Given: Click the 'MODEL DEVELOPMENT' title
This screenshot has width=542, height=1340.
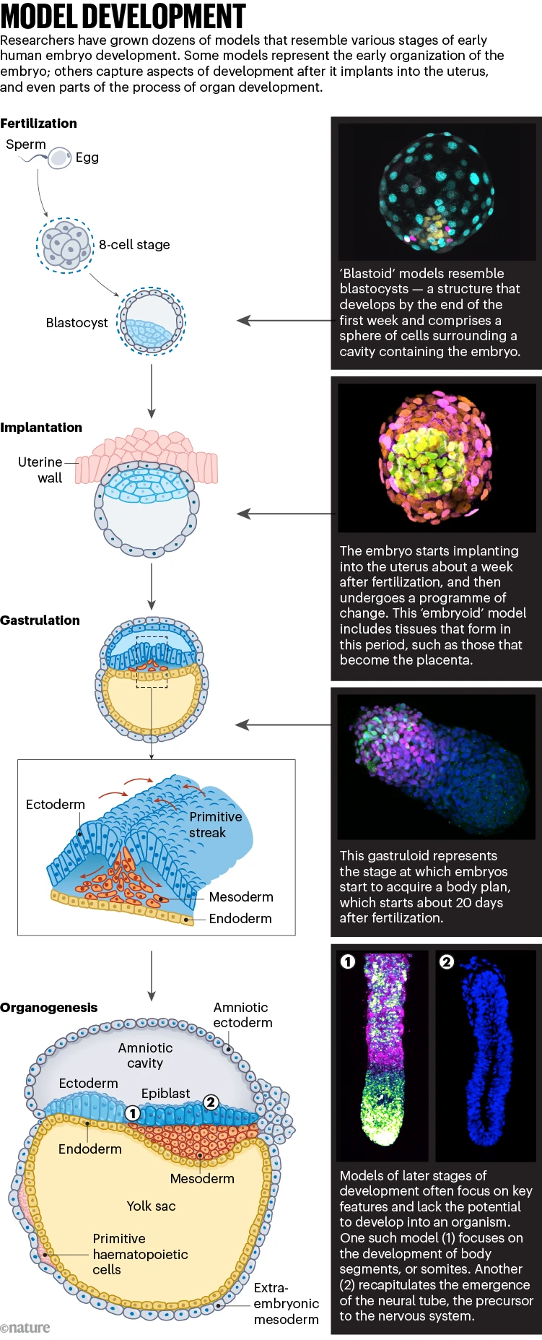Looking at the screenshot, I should (123, 16).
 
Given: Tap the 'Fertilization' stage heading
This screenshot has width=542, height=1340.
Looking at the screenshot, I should (38, 124).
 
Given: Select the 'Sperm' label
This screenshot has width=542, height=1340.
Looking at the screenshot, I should (26, 144).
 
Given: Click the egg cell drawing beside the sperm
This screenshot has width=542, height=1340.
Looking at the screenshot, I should (59, 158).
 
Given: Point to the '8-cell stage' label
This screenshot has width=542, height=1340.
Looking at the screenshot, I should (134, 245).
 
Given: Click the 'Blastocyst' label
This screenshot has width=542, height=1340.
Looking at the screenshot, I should (77, 323).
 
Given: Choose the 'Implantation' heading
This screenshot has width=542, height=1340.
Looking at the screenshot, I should (41, 428).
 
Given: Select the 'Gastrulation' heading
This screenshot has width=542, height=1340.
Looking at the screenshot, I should (40, 621).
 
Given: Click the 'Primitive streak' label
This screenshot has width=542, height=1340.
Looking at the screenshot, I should (215, 825).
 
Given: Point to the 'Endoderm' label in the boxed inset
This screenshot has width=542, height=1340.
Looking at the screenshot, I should (240, 919).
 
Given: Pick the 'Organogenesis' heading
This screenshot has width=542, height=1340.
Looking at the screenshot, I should (48, 1008).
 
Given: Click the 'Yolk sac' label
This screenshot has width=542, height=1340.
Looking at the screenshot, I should (151, 1206).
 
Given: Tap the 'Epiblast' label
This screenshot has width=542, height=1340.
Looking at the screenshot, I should (165, 1094).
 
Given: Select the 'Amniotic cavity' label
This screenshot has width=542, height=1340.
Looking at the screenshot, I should (145, 1055).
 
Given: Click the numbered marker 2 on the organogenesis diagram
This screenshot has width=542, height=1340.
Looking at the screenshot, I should (211, 1102).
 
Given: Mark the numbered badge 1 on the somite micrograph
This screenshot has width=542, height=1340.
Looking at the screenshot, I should (348, 961).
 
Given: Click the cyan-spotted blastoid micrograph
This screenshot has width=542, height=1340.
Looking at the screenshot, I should (437, 191).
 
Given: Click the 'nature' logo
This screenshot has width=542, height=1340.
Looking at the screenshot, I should (25, 1328).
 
